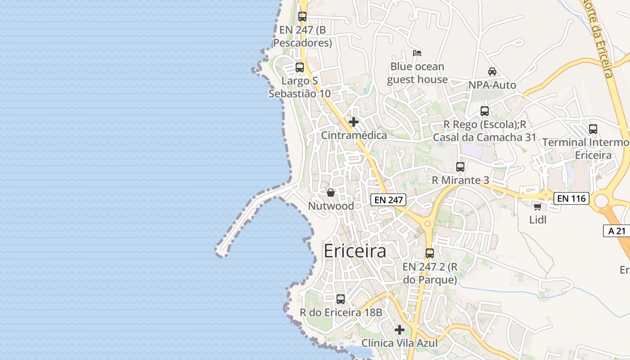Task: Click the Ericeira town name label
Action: click(x=355, y=251)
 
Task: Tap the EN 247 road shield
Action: click(x=388, y=200)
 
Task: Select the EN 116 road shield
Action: click(x=571, y=198)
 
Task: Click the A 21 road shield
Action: click(x=617, y=231)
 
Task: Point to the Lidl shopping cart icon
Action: click(x=537, y=207)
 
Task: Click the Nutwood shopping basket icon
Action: click(x=331, y=193)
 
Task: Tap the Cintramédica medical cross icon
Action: click(x=354, y=122)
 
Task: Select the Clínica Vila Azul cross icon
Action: click(x=400, y=330)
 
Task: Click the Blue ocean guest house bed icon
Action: click(x=417, y=53)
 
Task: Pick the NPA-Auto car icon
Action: click(x=492, y=72)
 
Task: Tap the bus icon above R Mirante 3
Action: click(x=460, y=167)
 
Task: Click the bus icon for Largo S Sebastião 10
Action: click(x=299, y=67)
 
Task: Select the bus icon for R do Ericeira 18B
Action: click(x=341, y=299)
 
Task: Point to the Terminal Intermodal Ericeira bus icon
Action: click(x=593, y=129)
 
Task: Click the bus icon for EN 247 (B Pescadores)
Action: click(x=302, y=17)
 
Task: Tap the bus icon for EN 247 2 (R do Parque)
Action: click(x=430, y=253)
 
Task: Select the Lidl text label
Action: click(x=538, y=220)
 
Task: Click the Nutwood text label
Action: click(x=331, y=206)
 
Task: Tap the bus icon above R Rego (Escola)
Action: click(x=485, y=111)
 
